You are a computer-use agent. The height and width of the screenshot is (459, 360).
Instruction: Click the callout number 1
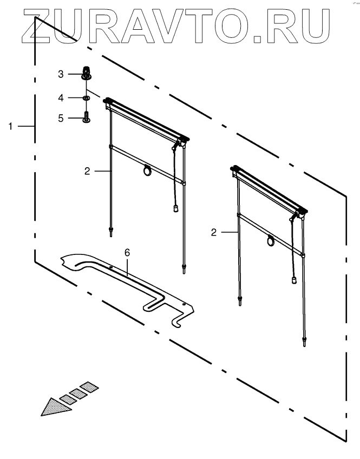11,126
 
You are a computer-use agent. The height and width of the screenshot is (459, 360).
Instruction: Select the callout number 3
61,73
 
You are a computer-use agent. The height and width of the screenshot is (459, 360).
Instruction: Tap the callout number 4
61,98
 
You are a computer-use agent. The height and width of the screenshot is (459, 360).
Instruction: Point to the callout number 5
61,117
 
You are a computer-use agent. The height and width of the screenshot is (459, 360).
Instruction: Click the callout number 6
127,253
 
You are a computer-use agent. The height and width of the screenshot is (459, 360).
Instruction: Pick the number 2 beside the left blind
87,171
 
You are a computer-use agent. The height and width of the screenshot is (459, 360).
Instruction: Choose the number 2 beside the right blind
214,232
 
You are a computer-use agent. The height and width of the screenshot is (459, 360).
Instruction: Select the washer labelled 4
86,98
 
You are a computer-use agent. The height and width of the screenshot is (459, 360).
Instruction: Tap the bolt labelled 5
86,116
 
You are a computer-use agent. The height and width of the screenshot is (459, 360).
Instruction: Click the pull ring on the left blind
147,171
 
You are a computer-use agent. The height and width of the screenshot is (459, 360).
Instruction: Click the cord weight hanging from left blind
175,208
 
